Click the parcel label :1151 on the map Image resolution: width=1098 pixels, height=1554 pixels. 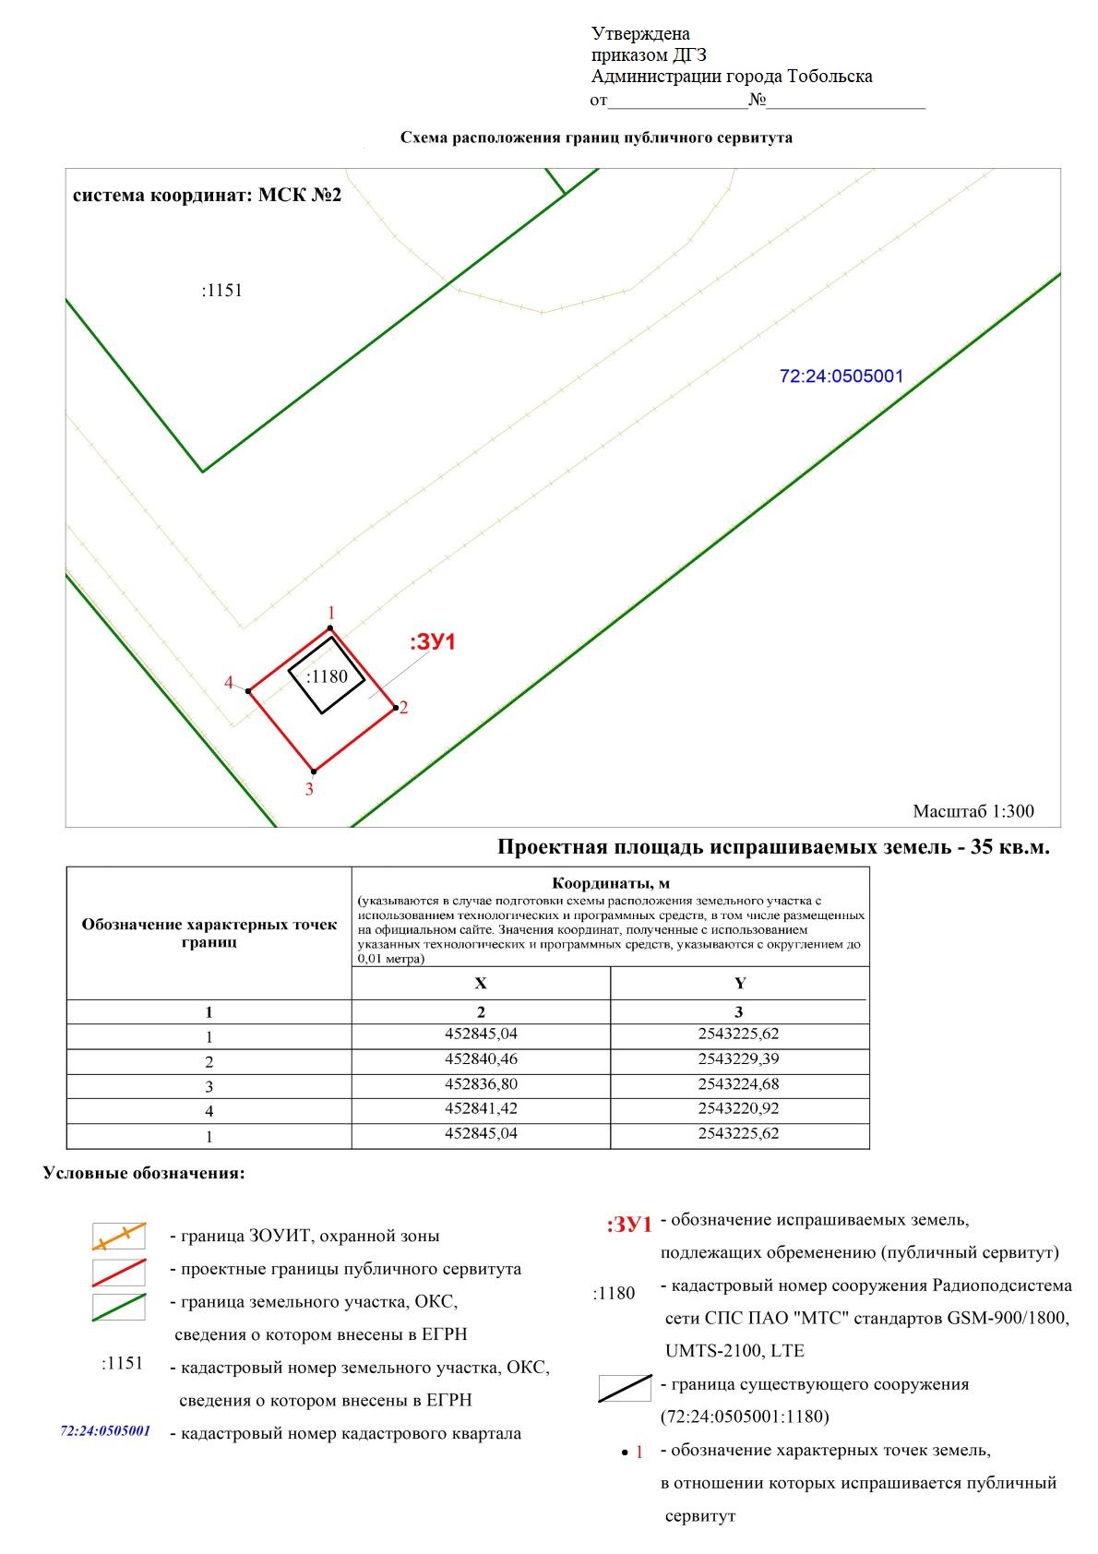(221, 291)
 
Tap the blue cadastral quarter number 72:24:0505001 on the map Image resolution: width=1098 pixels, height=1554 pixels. (841, 377)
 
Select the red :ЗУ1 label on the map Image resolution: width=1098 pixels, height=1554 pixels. (433, 642)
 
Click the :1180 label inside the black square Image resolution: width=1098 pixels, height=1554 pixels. (327, 676)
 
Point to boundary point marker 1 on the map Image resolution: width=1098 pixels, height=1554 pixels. (330, 628)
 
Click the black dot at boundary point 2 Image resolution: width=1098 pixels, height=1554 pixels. (397, 708)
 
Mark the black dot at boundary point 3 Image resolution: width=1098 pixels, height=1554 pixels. (314, 771)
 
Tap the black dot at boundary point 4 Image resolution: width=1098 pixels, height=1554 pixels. (248, 690)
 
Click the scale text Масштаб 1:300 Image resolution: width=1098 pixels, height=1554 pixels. (973, 812)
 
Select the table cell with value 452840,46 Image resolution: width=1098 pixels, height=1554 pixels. (481, 1058)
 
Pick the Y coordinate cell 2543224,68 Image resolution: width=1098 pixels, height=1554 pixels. (739, 1083)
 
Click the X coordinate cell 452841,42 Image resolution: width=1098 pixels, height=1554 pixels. (481, 1108)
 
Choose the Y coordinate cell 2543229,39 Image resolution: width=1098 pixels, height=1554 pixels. (739, 1058)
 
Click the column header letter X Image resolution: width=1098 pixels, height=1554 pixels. (481, 984)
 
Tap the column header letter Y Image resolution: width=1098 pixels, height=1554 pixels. (739, 984)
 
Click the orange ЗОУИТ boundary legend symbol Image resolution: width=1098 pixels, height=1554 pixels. (119, 1237)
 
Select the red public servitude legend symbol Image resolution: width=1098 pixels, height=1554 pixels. (119, 1272)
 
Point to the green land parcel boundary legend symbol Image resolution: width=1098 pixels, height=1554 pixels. (119, 1307)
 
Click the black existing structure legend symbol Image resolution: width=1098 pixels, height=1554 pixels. (625, 1388)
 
